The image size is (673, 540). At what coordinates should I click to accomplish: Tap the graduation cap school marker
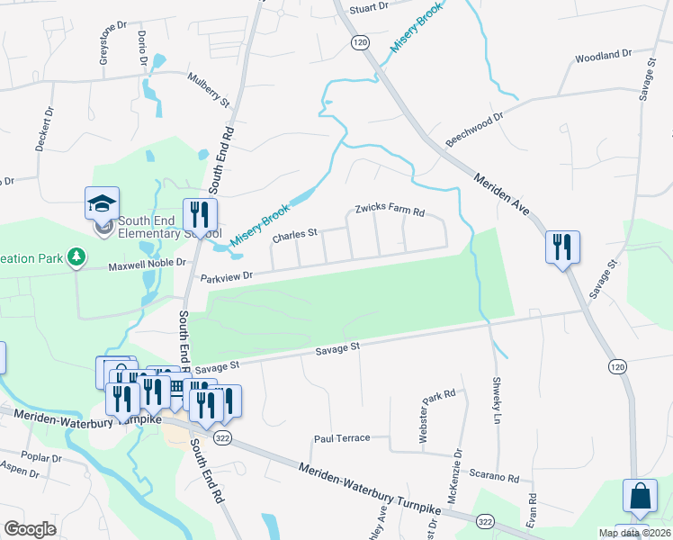(x=102, y=203)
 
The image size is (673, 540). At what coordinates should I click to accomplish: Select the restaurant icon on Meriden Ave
(x=562, y=246)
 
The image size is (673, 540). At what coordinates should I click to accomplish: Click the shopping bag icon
(x=640, y=496)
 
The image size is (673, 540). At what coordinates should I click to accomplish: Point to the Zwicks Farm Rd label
(x=389, y=207)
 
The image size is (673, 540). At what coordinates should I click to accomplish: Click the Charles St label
(x=295, y=235)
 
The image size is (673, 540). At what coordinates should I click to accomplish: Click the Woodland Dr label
(x=605, y=56)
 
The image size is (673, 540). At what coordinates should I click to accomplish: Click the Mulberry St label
(x=209, y=89)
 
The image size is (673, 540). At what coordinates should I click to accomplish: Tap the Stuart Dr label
(x=369, y=6)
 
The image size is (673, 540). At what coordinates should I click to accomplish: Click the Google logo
(x=30, y=529)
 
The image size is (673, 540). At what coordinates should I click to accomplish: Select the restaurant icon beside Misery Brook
(x=196, y=215)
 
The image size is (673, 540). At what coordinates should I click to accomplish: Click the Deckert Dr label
(x=45, y=130)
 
